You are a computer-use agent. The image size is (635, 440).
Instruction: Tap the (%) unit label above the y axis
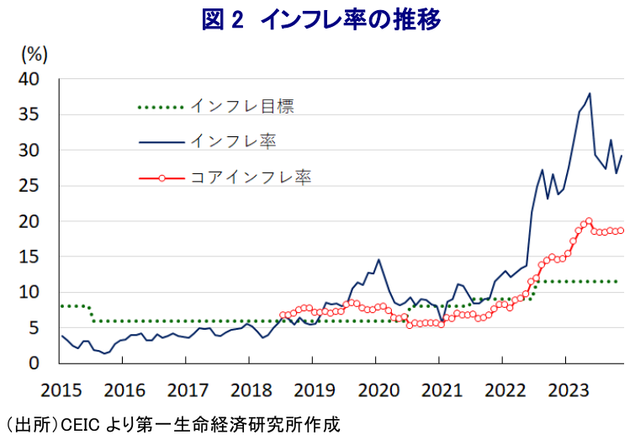[x=34, y=56]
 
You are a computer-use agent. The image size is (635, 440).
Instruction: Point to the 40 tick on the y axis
[x=29, y=79]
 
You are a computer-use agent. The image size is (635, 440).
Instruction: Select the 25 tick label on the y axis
[x=29, y=186]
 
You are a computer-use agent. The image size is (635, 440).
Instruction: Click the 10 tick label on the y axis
[x=29, y=293]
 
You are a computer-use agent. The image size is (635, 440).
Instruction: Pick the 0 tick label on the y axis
[x=34, y=363]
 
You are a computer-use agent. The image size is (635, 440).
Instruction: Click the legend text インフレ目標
[x=241, y=107]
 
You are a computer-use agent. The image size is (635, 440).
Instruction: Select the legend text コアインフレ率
[x=251, y=178]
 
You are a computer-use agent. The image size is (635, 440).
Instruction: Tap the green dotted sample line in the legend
[x=160, y=107]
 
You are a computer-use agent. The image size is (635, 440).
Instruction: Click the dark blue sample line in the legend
[x=160, y=142]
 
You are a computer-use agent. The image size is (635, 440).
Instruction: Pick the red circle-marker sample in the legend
[x=160, y=178]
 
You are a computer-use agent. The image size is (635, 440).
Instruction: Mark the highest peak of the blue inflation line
[x=590, y=93]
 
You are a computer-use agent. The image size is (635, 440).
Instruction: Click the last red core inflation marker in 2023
[x=621, y=231]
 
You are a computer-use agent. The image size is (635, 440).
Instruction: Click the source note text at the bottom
[x=172, y=423]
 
